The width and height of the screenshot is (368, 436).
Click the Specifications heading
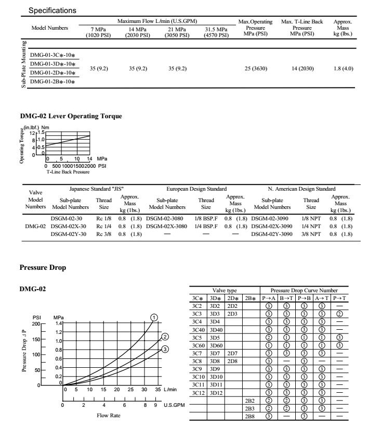[52, 10]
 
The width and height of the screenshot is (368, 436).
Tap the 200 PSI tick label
[36, 323]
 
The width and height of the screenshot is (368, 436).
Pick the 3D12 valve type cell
[215, 392]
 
